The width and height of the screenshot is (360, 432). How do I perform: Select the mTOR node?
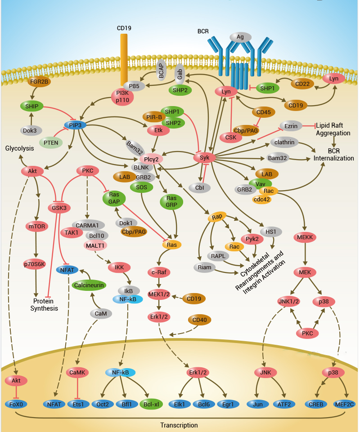click(37, 226)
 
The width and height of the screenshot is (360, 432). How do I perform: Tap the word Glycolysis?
click(19, 148)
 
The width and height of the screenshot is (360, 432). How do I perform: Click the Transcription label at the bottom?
click(179, 425)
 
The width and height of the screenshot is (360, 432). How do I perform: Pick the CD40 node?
click(199, 320)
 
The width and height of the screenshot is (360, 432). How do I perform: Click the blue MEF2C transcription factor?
click(345, 404)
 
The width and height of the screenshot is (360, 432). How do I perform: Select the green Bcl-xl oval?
click(151, 404)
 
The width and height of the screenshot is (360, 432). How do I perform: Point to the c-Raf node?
click(159, 272)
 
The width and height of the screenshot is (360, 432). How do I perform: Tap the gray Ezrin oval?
click(291, 126)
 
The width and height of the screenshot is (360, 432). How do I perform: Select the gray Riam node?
click(204, 268)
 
